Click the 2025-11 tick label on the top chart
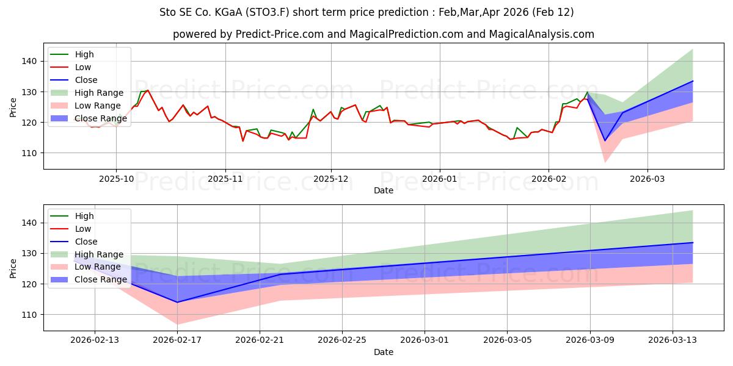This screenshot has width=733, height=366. point(225,179)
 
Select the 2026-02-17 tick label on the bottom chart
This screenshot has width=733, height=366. point(177,340)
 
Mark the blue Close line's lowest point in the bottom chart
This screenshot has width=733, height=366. point(177,302)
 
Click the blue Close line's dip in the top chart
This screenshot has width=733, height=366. point(605,141)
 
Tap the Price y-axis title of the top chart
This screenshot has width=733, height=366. point(13,107)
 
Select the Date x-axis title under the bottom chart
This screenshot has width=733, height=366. point(383,352)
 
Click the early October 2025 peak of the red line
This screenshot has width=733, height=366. point(147,90)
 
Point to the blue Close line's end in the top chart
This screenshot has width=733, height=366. point(693,81)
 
